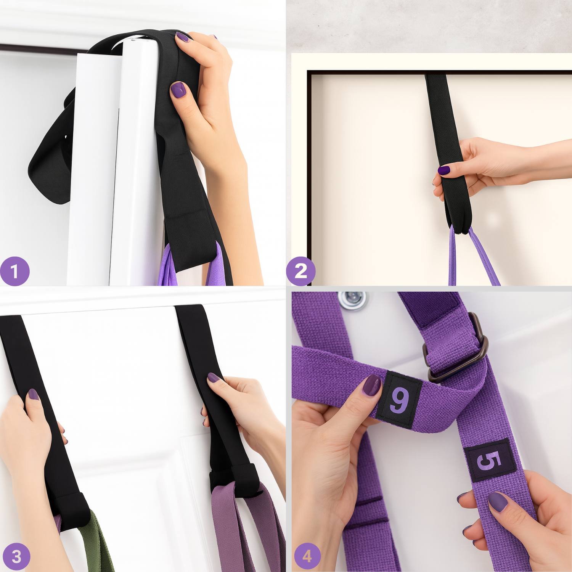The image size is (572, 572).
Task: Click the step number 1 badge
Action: pos(14,271)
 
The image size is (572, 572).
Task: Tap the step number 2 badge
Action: pos(301,271)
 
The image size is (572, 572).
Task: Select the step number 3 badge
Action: pos(15,557)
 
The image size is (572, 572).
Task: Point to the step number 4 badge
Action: pos(307,557)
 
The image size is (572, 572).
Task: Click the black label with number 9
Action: pos(399,400)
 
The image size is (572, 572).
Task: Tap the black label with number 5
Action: pos(490,460)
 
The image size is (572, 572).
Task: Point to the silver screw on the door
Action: pos(352,300)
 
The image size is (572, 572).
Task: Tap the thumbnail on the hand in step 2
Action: pos(443,170)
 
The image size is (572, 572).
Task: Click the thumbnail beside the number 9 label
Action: pos(371,385)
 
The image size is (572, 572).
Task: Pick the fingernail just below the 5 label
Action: pos(498,501)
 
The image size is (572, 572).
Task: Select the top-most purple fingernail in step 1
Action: pos(182,37)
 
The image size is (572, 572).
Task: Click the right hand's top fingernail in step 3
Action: pos(214,378)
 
